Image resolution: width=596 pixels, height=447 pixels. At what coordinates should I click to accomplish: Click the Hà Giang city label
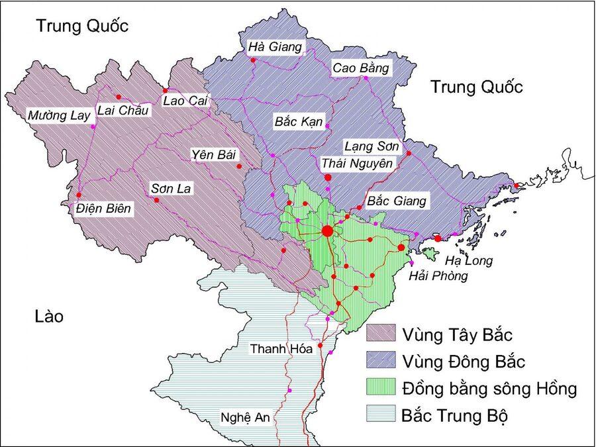275,47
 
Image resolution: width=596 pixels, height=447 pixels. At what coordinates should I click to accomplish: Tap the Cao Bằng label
361,68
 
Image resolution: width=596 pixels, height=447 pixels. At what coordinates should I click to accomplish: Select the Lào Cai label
185,100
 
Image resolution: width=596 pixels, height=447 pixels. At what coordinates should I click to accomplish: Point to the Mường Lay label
58,116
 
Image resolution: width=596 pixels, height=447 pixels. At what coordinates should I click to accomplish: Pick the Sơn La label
171,189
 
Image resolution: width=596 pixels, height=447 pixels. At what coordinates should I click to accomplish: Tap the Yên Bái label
212,154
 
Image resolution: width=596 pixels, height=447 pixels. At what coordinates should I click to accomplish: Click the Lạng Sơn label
366,146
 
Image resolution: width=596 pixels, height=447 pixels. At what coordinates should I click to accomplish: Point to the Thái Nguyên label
357,162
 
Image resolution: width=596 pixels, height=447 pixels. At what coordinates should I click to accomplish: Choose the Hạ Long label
468,260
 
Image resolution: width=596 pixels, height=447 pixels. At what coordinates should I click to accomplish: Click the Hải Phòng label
438,275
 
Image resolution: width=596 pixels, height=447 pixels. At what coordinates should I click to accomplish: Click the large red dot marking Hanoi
327,230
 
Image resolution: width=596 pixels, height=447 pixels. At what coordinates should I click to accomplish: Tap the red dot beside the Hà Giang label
253,60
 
